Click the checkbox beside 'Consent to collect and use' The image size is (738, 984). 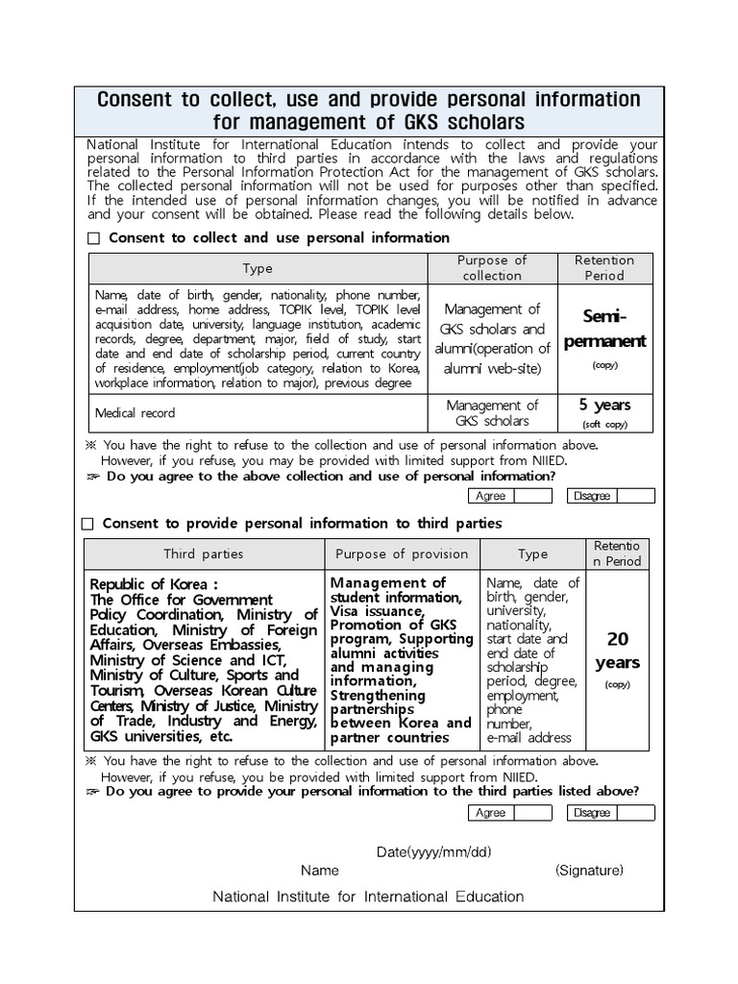click(93, 238)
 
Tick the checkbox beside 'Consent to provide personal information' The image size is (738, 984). click(88, 524)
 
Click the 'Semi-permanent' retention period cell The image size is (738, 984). click(604, 329)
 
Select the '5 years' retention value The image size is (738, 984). click(604, 406)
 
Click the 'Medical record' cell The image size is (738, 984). click(135, 413)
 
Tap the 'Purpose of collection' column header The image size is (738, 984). click(492, 268)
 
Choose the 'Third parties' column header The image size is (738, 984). click(203, 554)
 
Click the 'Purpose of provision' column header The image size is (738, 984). click(402, 554)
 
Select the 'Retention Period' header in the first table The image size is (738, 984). click(604, 268)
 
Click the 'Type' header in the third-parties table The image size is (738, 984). click(532, 554)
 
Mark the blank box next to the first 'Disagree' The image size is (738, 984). click(635, 496)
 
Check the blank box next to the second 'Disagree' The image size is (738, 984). click(635, 813)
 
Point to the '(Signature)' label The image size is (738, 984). click(589, 871)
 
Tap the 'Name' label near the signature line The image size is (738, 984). click(320, 871)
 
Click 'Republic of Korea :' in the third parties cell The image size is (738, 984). click(154, 584)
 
